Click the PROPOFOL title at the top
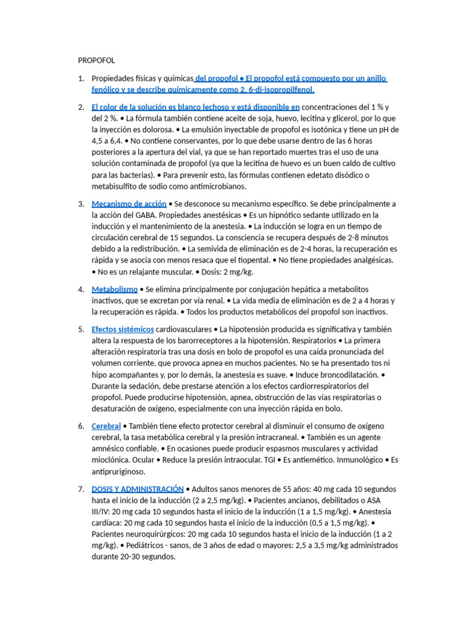tap(96, 60)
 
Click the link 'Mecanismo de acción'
tap(129, 204)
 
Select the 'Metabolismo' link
tap(115, 289)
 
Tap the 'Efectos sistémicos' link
tap(123, 329)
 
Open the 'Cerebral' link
tap(106, 426)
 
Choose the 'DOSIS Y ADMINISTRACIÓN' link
tap(137, 489)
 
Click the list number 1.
tap(81, 79)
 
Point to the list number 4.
tap(81, 289)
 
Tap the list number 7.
tap(81, 489)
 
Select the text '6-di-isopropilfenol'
tap(279, 90)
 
